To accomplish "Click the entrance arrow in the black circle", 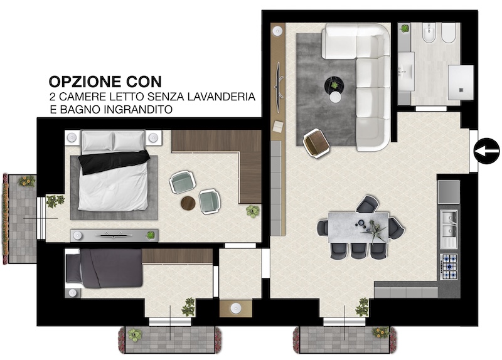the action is click(x=486, y=151).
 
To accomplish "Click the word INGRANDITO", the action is click(x=138, y=109).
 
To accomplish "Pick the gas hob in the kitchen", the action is click(x=449, y=267).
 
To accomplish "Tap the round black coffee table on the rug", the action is click(x=334, y=85).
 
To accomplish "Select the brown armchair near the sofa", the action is click(x=316, y=143).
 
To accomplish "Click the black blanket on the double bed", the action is click(x=114, y=161).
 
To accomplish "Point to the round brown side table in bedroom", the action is click(x=188, y=203).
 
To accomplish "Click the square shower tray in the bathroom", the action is click(x=461, y=82).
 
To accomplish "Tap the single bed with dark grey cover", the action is click(x=104, y=269).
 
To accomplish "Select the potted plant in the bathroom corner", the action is click(x=405, y=28).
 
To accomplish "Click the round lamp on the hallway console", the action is click(x=236, y=308).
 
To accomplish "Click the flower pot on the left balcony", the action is click(x=27, y=181).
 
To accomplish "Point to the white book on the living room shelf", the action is click(x=278, y=126).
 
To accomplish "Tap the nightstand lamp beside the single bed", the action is click(x=72, y=293).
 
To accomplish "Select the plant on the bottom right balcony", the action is click(x=381, y=332).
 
